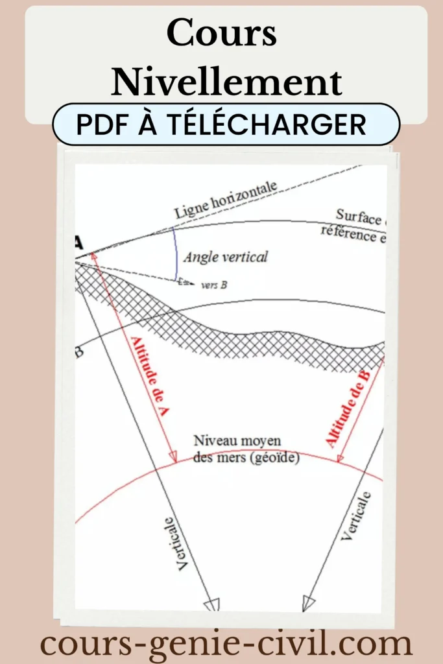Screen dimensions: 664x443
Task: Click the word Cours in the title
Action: click(222, 34)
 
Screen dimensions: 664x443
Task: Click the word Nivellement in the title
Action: click(226, 82)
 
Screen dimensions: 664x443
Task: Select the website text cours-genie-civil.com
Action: click(226, 644)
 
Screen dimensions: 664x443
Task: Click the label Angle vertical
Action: click(225, 257)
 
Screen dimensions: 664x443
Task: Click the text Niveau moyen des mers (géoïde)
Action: click(246, 449)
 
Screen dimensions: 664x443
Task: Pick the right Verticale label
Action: click(356, 516)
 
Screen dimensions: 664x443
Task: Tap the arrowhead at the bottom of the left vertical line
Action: click(212, 605)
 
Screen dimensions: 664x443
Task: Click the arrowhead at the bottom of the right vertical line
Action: click(308, 604)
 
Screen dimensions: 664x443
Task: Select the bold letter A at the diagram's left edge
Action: click(79, 244)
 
